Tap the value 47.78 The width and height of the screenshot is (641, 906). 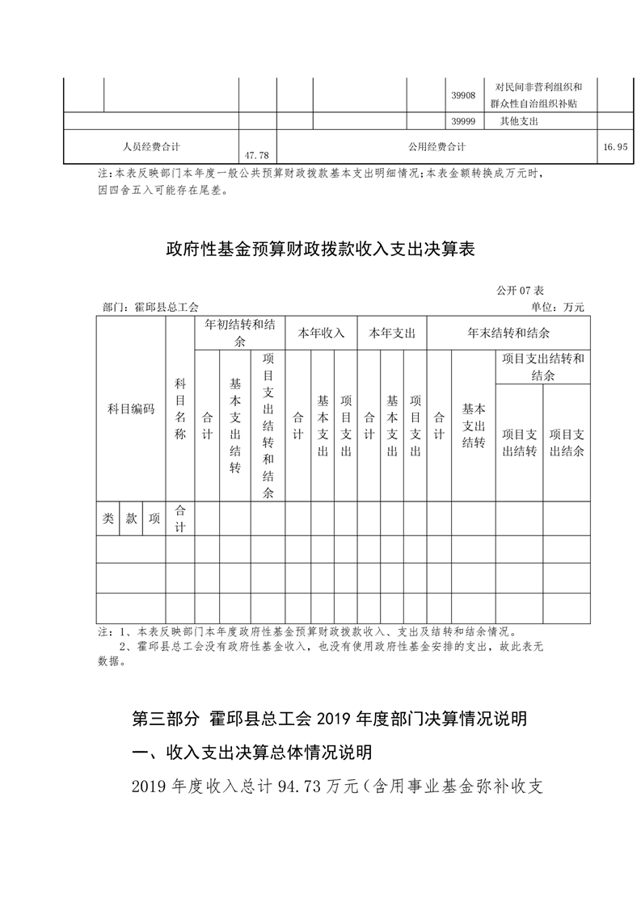(x=255, y=153)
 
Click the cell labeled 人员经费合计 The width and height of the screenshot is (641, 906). (x=151, y=147)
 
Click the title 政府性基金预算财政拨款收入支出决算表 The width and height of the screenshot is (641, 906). (x=319, y=250)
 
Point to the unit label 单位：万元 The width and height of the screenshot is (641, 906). (x=557, y=307)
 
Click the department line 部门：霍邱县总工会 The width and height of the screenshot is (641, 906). (x=151, y=307)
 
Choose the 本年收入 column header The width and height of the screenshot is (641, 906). (x=322, y=333)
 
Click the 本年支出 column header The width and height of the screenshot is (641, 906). (x=392, y=333)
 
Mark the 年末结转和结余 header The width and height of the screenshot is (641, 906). (x=508, y=333)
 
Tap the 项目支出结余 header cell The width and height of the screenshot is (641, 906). (x=567, y=443)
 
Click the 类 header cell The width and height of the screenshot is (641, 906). (x=108, y=519)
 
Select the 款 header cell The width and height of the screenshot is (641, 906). (x=131, y=519)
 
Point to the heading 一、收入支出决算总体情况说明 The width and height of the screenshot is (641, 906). (x=251, y=753)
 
